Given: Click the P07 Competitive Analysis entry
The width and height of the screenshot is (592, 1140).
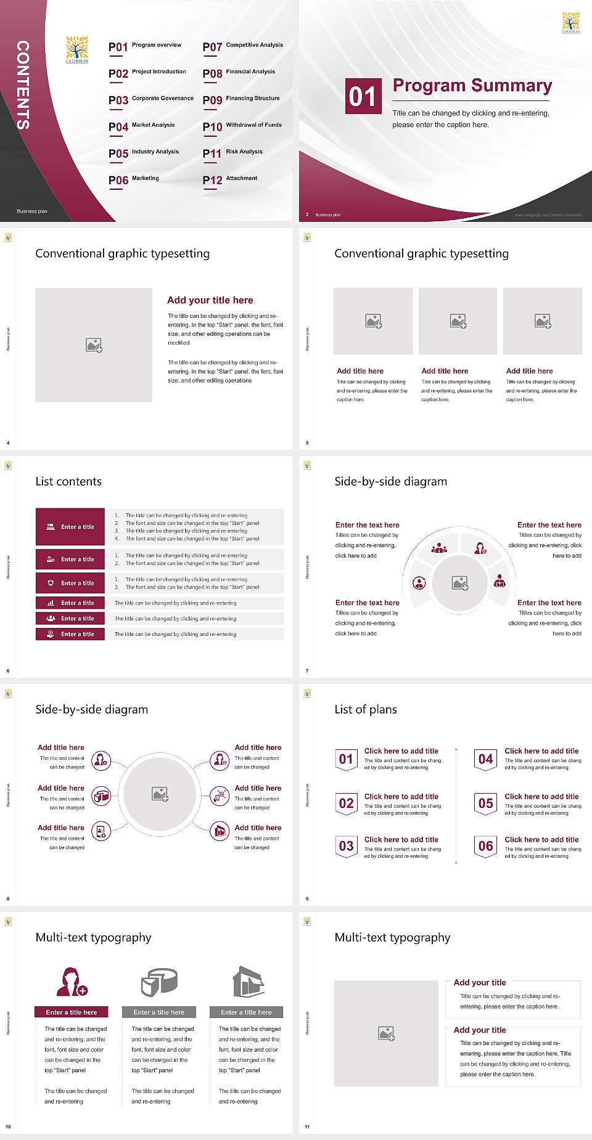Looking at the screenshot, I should (243, 46).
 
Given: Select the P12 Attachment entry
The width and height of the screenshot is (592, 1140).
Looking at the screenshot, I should (230, 179).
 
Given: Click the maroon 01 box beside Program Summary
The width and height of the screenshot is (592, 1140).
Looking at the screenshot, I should (361, 96).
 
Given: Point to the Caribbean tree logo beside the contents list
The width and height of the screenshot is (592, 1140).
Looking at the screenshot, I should (77, 49).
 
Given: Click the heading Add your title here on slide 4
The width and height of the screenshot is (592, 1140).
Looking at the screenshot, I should (210, 300).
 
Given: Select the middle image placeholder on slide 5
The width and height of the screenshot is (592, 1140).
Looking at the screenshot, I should (458, 321).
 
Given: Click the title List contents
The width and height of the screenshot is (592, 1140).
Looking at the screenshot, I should (68, 481).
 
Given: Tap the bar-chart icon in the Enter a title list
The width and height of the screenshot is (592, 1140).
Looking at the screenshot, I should (51, 603).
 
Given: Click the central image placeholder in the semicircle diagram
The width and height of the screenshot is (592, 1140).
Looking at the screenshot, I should (459, 583).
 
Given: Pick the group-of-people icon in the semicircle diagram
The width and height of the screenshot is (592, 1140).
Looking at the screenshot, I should (439, 547).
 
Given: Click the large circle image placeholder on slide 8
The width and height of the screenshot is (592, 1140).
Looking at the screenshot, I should (160, 794).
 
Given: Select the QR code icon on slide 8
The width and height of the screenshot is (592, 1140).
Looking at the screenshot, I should (220, 796).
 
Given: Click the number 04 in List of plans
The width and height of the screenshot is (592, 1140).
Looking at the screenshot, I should (485, 759).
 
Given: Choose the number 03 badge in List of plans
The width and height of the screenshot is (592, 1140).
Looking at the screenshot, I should (346, 846).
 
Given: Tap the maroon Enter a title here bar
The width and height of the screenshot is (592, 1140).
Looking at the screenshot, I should (72, 1012).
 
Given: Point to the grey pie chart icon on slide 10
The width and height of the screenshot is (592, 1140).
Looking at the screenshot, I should (159, 982).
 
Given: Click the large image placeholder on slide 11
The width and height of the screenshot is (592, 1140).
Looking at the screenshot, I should (386, 1033).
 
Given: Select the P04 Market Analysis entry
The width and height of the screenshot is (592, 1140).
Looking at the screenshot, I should (142, 126).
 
